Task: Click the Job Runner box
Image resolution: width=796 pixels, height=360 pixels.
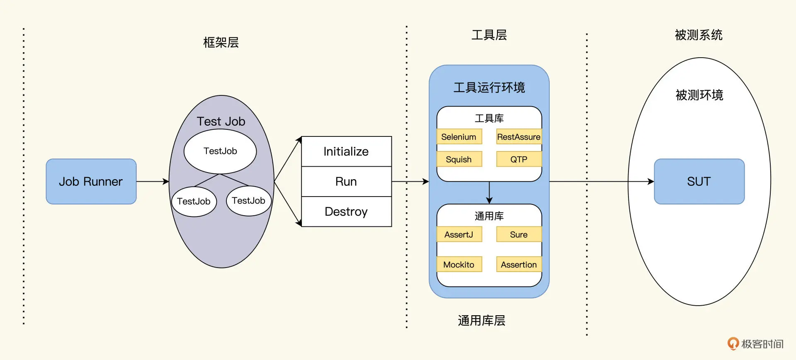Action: click(x=91, y=181)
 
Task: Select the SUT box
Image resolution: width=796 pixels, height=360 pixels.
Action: click(x=699, y=181)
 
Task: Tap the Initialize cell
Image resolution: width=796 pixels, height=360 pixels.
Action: click(x=346, y=151)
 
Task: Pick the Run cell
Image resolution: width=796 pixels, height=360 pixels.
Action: click(x=346, y=181)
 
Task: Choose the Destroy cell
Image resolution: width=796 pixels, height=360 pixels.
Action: click(x=346, y=212)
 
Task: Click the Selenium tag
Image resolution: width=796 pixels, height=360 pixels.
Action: click(x=459, y=137)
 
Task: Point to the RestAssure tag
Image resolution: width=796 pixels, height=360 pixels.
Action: click(x=519, y=137)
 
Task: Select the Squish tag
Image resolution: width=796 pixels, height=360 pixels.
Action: click(x=459, y=159)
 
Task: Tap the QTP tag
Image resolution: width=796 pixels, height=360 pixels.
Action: click(x=519, y=159)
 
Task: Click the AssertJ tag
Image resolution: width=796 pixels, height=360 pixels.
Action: click(x=459, y=234)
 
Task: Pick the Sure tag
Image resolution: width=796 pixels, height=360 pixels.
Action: click(x=519, y=234)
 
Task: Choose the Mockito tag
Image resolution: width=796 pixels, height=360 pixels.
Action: click(x=459, y=265)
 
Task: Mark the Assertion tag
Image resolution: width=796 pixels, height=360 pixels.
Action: click(x=519, y=265)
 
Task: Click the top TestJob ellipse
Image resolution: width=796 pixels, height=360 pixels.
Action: click(x=220, y=151)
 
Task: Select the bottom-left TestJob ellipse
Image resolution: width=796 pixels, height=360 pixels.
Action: click(x=194, y=202)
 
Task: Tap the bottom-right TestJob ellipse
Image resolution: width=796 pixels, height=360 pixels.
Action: click(x=249, y=201)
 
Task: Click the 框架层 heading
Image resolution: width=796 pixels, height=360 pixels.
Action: click(x=221, y=42)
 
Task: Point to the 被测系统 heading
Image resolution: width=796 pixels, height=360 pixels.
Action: click(x=699, y=35)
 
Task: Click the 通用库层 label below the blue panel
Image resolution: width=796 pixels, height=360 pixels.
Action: click(x=481, y=321)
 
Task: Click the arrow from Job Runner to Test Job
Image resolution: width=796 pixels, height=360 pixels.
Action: click(x=152, y=181)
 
